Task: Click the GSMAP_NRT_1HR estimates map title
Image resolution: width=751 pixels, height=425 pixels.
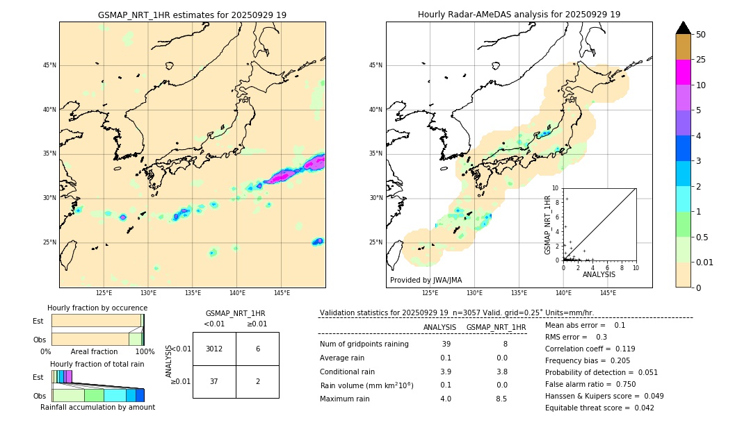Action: click(x=192, y=15)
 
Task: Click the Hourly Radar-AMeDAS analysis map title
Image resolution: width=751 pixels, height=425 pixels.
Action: click(x=519, y=15)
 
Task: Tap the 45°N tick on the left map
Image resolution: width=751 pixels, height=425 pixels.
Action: click(x=49, y=65)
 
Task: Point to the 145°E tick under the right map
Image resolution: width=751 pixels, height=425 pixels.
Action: click(x=607, y=293)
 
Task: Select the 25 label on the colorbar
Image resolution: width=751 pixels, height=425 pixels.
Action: click(x=701, y=60)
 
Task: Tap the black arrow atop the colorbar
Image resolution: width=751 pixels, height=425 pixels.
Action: click(x=684, y=28)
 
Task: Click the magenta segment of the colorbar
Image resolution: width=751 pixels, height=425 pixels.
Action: click(x=684, y=72)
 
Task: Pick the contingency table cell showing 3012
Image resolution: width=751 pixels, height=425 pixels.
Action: click(x=214, y=349)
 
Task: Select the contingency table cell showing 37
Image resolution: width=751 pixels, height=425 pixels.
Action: click(x=214, y=381)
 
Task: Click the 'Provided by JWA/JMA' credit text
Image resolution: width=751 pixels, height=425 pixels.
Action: click(x=426, y=281)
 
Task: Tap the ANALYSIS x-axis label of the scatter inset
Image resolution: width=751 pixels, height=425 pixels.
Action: click(x=599, y=274)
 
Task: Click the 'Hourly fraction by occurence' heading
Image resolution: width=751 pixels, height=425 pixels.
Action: click(x=97, y=308)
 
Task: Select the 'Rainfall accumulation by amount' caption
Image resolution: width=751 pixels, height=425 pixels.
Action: click(x=97, y=408)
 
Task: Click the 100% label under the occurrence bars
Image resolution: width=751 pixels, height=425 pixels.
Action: click(x=145, y=352)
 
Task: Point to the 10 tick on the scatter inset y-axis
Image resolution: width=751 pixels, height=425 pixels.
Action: click(x=556, y=188)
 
